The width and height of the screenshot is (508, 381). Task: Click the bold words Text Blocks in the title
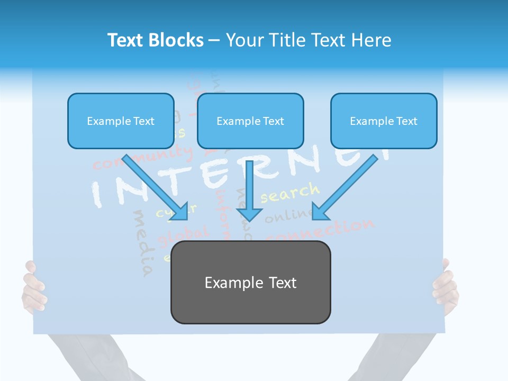tap(155, 40)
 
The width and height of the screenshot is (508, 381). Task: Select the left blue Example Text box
tap(121, 121)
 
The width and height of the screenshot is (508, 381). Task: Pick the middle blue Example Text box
tap(250, 121)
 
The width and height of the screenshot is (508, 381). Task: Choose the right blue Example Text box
tap(384, 121)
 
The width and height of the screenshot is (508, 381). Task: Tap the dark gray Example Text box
tap(250, 282)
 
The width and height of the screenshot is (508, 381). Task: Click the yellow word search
tap(290, 193)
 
